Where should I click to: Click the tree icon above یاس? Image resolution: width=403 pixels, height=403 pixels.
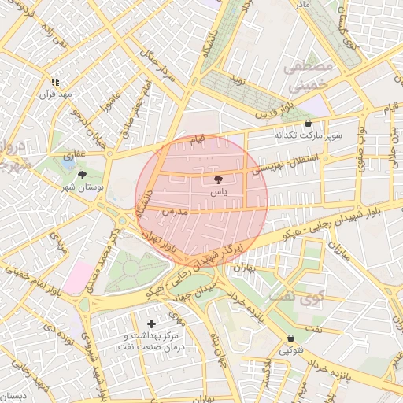(x=218, y=180)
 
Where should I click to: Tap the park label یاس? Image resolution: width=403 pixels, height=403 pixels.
(x=218, y=192)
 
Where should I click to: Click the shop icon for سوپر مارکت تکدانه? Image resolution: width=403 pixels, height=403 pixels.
(x=308, y=124)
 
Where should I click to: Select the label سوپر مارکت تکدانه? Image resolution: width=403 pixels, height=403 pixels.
(x=308, y=135)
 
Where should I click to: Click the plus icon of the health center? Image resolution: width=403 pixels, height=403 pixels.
(x=152, y=324)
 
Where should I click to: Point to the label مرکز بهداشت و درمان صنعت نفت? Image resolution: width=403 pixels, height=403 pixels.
(x=150, y=341)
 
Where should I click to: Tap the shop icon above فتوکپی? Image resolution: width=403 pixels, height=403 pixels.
(x=290, y=339)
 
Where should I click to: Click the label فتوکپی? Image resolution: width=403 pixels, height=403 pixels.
(x=290, y=351)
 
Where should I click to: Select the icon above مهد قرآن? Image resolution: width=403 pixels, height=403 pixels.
(x=55, y=82)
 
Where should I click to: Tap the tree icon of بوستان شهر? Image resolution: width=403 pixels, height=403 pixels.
(x=82, y=175)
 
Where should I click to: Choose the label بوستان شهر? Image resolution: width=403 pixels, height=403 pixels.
(x=82, y=188)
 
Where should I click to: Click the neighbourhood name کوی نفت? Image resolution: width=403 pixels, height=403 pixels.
(x=285, y=297)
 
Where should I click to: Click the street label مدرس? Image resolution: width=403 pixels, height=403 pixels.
(x=172, y=212)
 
